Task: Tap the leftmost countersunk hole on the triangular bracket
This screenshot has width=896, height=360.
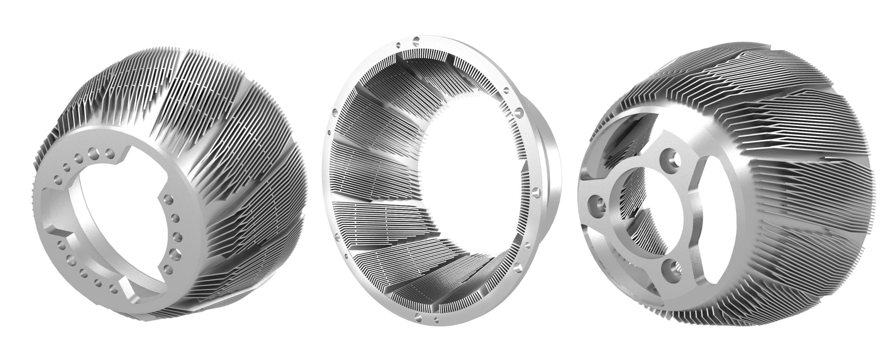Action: tap(598, 203)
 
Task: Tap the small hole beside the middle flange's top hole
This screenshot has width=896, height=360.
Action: tap(399, 44)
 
